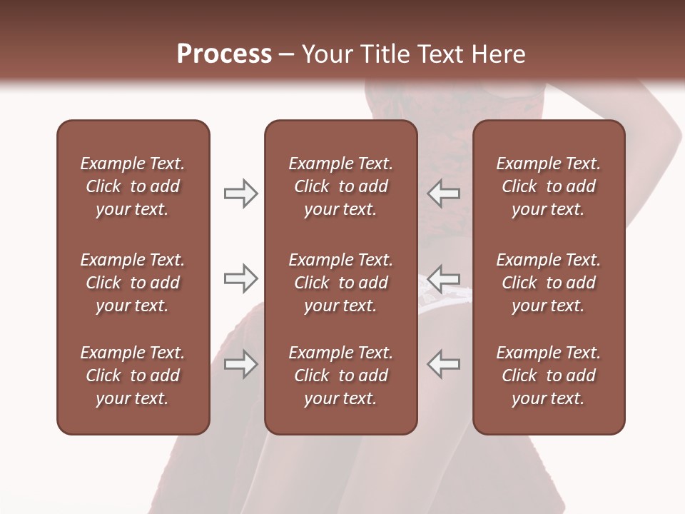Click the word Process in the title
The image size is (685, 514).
(x=224, y=54)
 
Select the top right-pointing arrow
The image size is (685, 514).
(x=240, y=193)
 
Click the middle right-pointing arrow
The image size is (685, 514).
(x=240, y=278)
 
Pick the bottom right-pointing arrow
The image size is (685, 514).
(x=240, y=364)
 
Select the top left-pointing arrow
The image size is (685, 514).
(x=444, y=193)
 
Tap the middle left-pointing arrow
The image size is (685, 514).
(x=444, y=278)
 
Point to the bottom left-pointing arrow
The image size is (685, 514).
(x=444, y=364)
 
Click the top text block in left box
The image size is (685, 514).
(x=133, y=186)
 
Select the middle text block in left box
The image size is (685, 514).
(x=133, y=283)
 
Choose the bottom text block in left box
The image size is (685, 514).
(x=133, y=376)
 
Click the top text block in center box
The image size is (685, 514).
(x=340, y=186)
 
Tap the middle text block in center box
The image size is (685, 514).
(x=340, y=283)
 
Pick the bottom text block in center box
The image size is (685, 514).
(x=340, y=376)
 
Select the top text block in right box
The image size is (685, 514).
(x=548, y=186)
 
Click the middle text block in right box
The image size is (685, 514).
(x=548, y=283)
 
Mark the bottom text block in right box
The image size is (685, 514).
(x=548, y=376)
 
